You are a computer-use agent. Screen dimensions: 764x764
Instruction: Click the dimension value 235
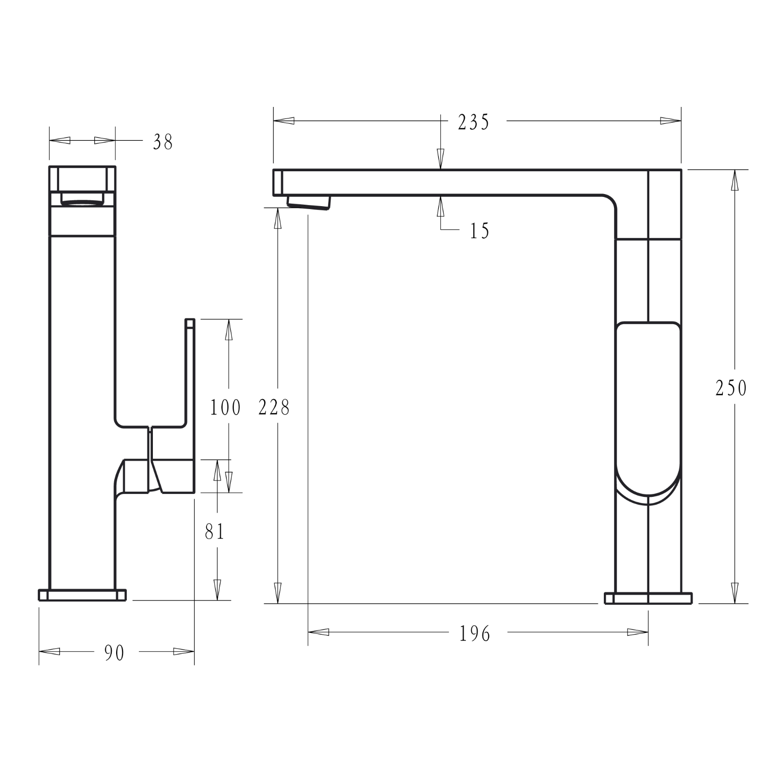(x=474, y=122)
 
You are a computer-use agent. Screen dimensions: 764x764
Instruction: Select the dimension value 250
(x=731, y=388)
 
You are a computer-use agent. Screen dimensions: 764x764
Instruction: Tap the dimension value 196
(x=475, y=633)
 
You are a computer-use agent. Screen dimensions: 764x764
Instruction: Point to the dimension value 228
(x=274, y=407)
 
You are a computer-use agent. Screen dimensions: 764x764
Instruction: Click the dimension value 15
(x=479, y=231)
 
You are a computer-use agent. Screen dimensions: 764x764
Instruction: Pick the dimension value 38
(x=163, y=142)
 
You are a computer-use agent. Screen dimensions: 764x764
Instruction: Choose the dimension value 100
(x=225, y=407)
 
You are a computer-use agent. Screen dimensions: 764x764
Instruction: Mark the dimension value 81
(x=214, y=532)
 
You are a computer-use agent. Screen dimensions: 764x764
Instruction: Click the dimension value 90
(x=115, y=653)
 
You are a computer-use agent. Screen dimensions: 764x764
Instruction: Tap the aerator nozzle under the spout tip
(x=308, y=201)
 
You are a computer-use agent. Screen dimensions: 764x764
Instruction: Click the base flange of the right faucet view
(x=648, y=599)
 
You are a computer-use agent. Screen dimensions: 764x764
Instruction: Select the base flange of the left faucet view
(x=82, y=595)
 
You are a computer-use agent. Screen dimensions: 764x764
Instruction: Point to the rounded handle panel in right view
(x=648, y=406)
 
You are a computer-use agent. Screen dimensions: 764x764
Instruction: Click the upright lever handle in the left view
(x=190, y=387)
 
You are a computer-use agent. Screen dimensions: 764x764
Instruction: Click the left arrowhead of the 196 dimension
(x=318, y=632)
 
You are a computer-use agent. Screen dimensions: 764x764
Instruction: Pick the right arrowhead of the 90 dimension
(x=184, y=651)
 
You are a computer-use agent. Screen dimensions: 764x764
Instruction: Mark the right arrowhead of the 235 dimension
(x=671, y=121)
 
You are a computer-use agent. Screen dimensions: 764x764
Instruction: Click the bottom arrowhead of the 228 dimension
(x=278, y=593)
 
